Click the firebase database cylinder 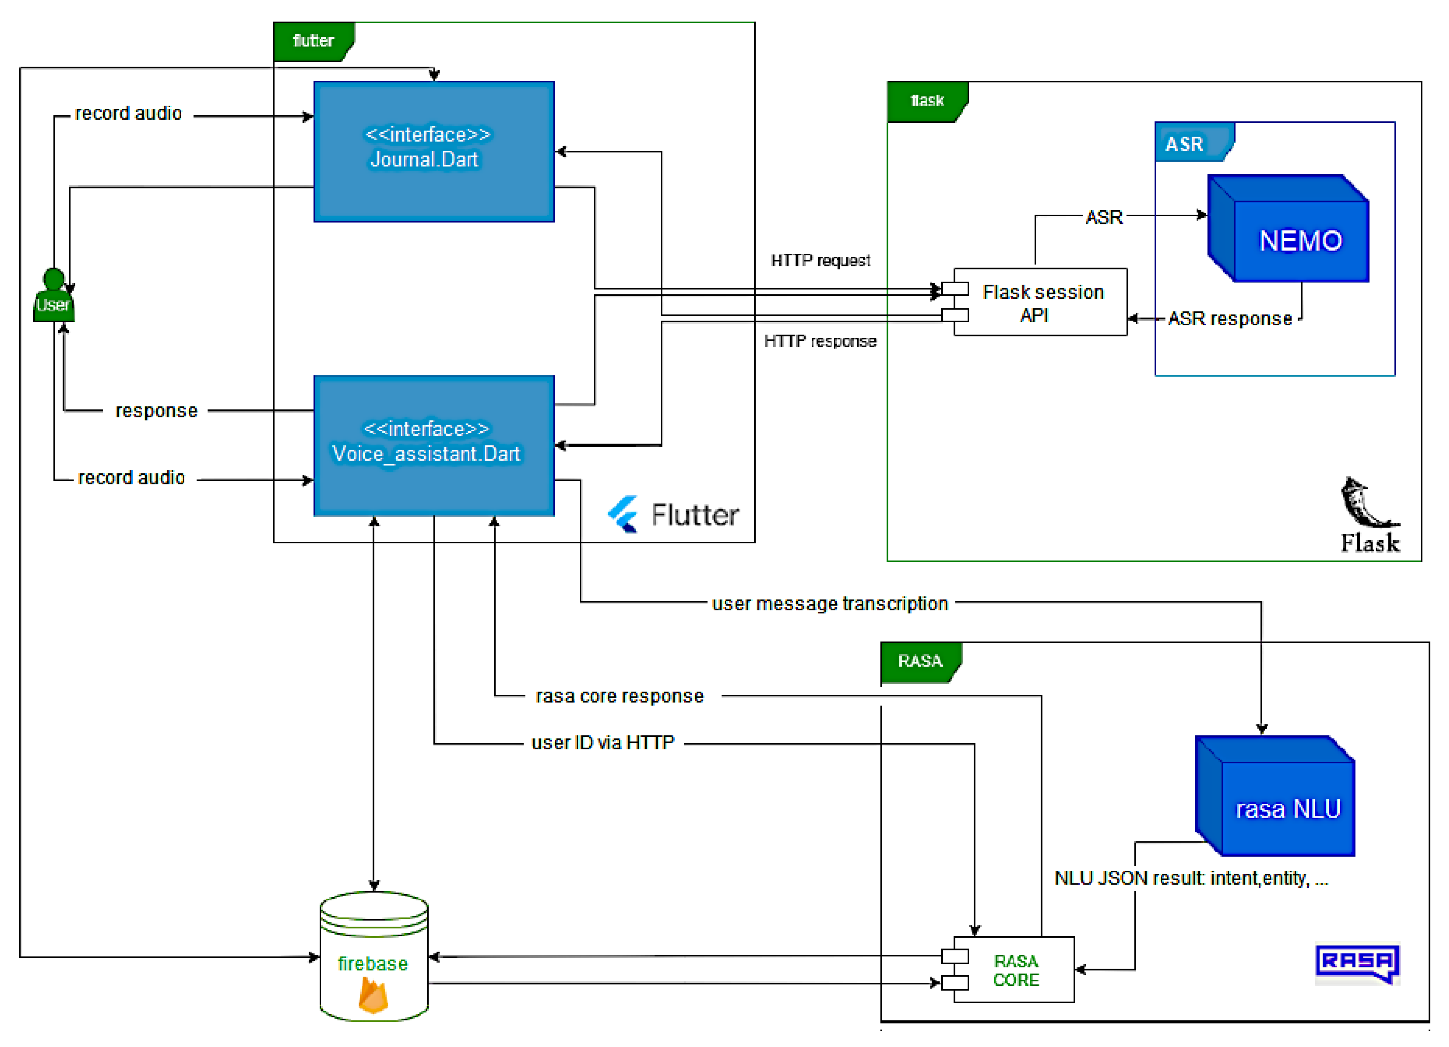tap(374, 956)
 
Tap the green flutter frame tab tap(313, 41)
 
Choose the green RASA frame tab tap(920, 661)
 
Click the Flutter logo tap(674, 514)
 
